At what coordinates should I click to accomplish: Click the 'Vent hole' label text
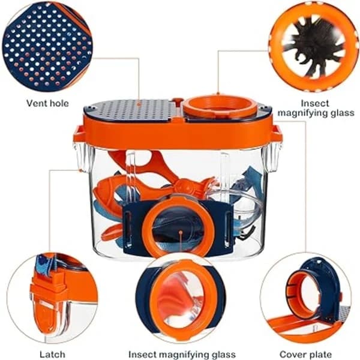(47, 103)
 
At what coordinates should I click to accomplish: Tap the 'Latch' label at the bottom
(52, 355)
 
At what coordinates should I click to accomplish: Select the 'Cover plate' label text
(305, 355)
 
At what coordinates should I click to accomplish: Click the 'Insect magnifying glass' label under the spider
(316, 108)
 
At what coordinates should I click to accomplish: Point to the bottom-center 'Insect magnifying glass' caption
(182, 355)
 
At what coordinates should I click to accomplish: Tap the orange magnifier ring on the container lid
(220, 106)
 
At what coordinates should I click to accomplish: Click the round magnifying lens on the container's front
(178, 227)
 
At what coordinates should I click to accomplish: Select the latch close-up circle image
(52, 298)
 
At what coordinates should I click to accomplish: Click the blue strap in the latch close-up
(46, 264)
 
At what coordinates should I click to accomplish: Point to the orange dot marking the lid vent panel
(139, 104)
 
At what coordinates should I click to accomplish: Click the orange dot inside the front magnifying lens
(181, 232)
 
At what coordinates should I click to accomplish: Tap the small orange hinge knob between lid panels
(178, 101)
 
